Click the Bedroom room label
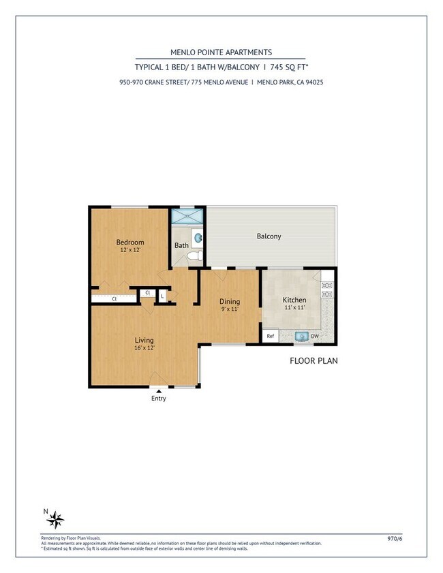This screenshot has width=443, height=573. point(129,243)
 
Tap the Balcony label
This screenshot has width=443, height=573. point(269,236)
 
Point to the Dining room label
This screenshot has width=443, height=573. point(230,301)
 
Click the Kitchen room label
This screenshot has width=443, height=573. point(294,300)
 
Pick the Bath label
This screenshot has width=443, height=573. point(181,245)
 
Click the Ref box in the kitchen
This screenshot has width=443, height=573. point(270,336)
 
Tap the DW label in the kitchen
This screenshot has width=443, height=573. point(315,336)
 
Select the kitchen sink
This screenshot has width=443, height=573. point(300,336)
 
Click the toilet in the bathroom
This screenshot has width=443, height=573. point(194,256)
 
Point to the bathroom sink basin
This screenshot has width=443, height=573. point(198,238)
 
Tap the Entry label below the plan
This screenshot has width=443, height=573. point(158,399)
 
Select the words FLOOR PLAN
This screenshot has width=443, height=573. point(314,360)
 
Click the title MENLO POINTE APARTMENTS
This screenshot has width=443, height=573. point(221,52)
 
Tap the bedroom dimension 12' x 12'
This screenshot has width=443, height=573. point(129,251)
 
